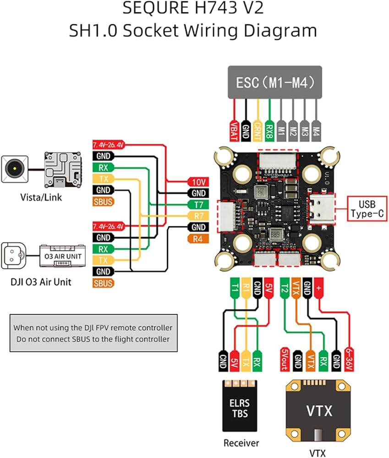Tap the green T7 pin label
(198, 204)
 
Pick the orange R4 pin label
(198, 238)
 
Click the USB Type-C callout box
(365, 208)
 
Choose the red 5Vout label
(284, 358)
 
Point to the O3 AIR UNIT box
(63, 256)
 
